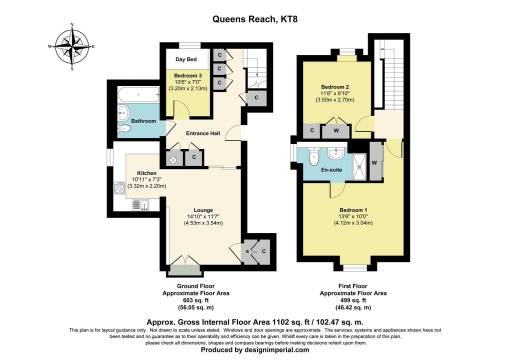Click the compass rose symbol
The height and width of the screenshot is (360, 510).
[x=72, y=46]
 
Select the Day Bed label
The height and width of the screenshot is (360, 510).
[x=185, y=59]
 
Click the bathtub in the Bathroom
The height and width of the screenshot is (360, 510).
[x=138, y=94]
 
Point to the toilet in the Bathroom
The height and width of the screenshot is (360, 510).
[x=125, y=129]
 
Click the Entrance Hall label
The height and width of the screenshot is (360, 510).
[x=203, y=133]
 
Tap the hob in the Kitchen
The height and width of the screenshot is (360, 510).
[x=120, y=187]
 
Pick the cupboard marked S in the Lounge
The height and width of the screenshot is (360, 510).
[x=247, y=251]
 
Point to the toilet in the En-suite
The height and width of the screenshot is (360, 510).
[x=314, y=157]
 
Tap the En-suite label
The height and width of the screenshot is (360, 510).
[x=331, y=170]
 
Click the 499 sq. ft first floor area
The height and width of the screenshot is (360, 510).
[x=353, y=300]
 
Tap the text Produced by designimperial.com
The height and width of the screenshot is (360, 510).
[x=255, y=350]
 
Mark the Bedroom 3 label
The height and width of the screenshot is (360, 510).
[x=187, y=75]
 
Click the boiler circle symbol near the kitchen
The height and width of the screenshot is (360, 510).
[x=174, y=160]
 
